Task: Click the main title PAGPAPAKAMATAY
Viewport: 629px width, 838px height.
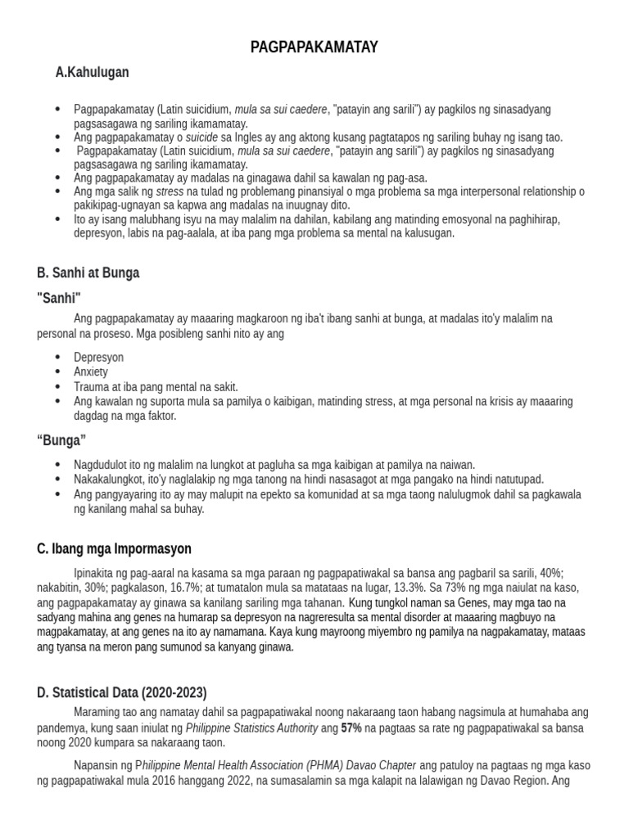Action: pyautogui.click(x=314, y=47)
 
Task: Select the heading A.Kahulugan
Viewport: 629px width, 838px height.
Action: pyautogui.click(x=92, y=73)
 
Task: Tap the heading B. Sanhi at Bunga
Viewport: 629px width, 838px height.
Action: pyautogui.click(x=88, y=273)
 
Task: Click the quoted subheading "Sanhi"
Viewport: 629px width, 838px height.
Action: pyautogui.click(x=59, y=297)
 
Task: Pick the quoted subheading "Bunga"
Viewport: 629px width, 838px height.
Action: pyautogui.click(x=61, y=440)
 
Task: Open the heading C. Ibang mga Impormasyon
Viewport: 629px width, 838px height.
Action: pyautogui.click(x=114, y=548)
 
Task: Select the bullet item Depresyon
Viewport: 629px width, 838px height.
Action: pyautogui.click(x=98, y=358)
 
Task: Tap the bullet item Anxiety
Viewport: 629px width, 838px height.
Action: pyautogui.click(x=90, y=372)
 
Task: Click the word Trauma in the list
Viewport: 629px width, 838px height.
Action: pyautogui.click(x=90, y=386)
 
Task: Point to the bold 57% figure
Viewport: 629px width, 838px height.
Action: pyautogui.click(x=351, y=728)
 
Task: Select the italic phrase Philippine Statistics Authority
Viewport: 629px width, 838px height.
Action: pyautogui.click(x=251, y=728)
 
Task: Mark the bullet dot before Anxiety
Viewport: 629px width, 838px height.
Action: pyautogui.click(x=57, y=372)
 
